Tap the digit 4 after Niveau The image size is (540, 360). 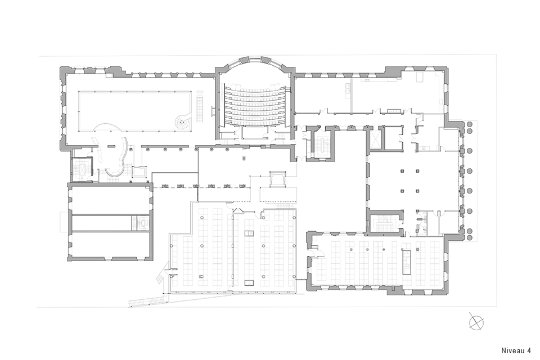tap(528, 350)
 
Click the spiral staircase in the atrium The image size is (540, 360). tap(182, 121)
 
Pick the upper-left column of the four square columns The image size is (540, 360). tap(402, 171)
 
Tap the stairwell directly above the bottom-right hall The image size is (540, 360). tap(384, 222)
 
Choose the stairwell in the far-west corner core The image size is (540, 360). tap(82, 169)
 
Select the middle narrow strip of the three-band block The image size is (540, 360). tap(111, 223)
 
